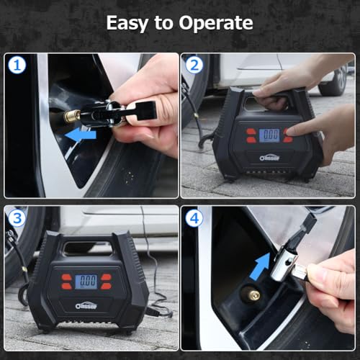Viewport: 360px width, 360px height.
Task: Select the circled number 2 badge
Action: [x=192, y=65]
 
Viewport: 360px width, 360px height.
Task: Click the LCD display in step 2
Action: [x=269, y=135]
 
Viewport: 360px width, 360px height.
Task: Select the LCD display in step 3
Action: [x=88, y=282]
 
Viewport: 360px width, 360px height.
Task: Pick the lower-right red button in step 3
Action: [x=107, y=287]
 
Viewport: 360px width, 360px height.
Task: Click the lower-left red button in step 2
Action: [x=251, y=140]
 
